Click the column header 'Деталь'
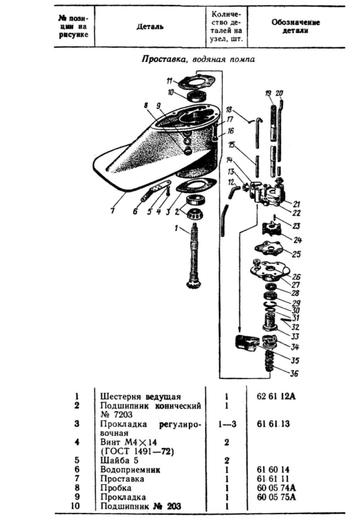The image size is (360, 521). (x=150, y=27)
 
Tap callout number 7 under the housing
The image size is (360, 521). (x=112, y=211)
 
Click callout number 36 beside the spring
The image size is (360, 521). (x=294, y=374)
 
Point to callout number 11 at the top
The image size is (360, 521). (x=169, y=81)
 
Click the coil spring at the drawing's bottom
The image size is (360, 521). (x=270, y=362)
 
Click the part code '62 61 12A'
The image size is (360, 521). (x=276, y=396)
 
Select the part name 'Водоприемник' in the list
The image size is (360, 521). (x=130, y=470)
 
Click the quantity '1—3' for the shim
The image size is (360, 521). (x=227, y=424)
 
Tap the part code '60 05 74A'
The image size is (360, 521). (x=276, y=488)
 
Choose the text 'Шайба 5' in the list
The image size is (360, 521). (x=119, y=460)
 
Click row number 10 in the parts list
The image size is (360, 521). (x=77, y=506)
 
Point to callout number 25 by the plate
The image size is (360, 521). (x=296, y=254)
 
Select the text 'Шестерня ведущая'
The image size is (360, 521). (x=141, y=397)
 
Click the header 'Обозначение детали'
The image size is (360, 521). (x=296, y=27)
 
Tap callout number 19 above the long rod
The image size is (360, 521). (x=268, y=94)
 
